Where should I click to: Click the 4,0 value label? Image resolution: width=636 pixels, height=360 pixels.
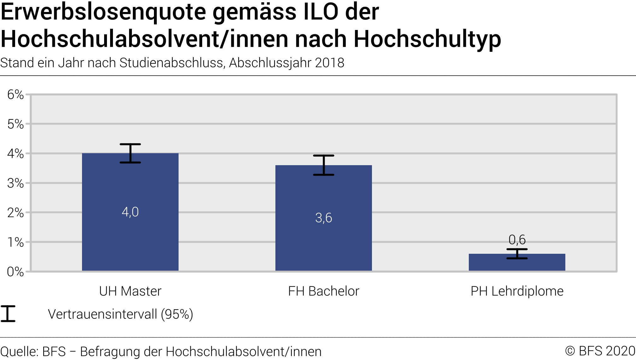click(130, 212)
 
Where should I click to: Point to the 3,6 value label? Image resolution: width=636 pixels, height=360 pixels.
click(323, 218)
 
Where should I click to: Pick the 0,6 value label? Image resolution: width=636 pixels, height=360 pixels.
click(517, 240)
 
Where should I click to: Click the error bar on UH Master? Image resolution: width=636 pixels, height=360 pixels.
click(130, 153)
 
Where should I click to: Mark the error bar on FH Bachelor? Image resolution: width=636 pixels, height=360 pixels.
click(324, 165)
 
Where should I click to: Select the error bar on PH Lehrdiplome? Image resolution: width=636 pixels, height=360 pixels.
click(517, 254)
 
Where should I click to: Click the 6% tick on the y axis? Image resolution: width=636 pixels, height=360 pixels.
click(15, 95)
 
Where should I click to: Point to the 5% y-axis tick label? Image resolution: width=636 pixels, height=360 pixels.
click(15, 124)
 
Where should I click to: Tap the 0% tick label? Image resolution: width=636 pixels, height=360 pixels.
click(15, 272)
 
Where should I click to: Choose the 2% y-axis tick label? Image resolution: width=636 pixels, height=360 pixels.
click(15, 213)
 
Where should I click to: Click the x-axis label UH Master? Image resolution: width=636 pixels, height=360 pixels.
click(130, 291)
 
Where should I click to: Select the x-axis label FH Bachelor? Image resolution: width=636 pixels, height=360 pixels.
click(323, 291)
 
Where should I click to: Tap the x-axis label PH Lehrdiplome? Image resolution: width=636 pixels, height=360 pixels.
click(517, 291)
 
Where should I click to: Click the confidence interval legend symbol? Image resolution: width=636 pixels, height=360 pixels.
click(8, 314)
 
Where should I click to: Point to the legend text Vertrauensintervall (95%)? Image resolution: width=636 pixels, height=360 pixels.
click(120, 314)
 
